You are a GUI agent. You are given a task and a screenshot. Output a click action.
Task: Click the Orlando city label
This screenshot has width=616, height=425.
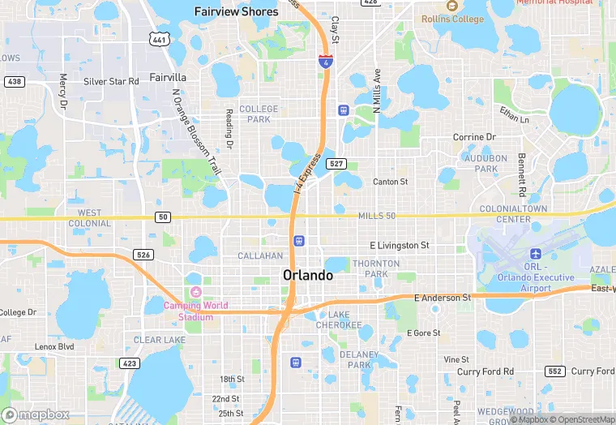pyautogui.click(x=308, y=276)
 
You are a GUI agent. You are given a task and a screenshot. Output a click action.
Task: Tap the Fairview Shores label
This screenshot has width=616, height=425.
pyautogui.click(x=237, y=11)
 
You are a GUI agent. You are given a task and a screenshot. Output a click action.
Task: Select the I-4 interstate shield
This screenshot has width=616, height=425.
pyautogui.click(x=323, y=62)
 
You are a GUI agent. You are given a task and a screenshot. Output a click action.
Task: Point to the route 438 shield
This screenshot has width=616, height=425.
pyautogui.click(x=14, y=82)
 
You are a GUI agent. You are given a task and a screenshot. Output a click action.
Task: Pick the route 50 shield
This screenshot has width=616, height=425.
pyautogui.click(x=164, y=217)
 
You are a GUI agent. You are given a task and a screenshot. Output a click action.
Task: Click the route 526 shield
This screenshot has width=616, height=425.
pyautogui.click(x=143, y=255)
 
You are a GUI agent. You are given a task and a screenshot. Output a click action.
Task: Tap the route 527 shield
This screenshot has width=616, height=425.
pyautogui.click(x=338, y=163)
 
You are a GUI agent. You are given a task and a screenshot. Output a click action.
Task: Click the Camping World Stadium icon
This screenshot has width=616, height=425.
pyautogui.click(x=195, y=292)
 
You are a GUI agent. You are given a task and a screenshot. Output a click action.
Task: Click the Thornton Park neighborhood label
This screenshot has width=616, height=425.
pyautogui.click(x=376, y=268)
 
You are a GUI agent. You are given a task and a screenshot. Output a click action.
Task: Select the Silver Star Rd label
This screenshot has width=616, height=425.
pyautogui.click(x=111, y=82)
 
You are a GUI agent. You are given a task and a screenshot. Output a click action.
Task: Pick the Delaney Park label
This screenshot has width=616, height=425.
pyautogui.click(x=358, y=359)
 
